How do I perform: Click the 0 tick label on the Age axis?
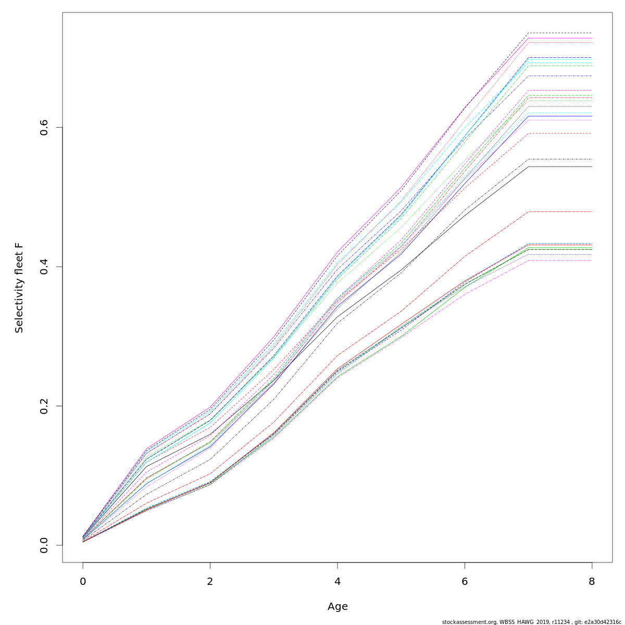point(83,581)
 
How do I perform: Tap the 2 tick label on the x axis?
point(210,581)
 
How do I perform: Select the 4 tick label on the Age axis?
point(337,581)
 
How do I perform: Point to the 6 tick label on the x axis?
point(465,581)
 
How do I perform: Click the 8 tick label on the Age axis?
point(592,581)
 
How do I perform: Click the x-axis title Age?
point(337,606)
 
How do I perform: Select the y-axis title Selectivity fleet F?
point(19,287)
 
